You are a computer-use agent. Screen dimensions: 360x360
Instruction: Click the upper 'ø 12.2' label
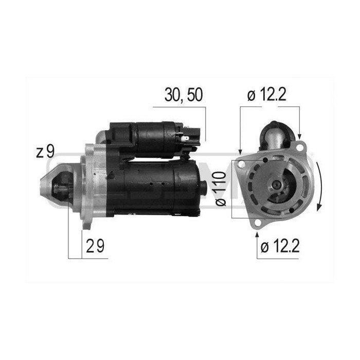[x=266, y=95]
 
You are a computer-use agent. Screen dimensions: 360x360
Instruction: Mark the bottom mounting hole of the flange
[x=257, y=222]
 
